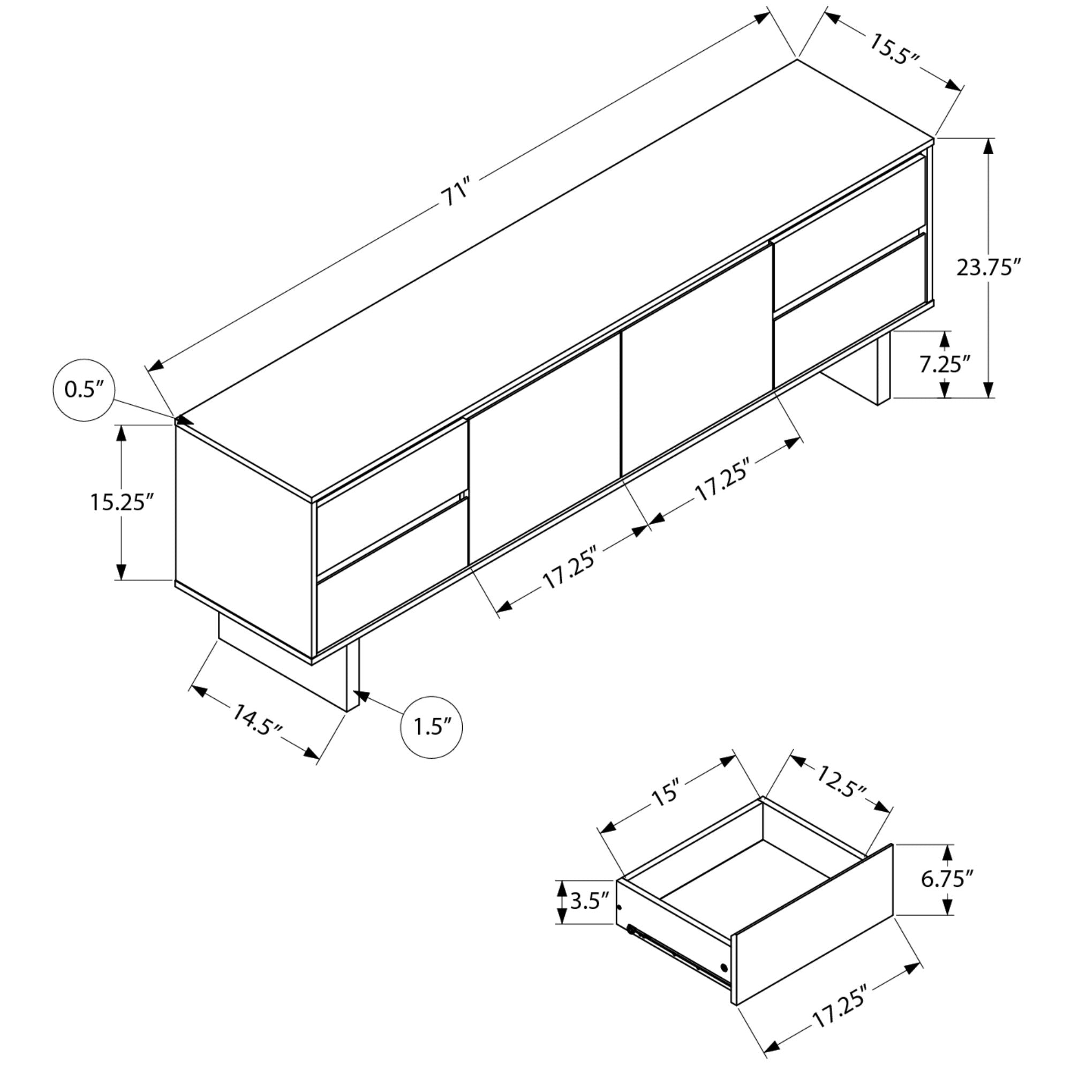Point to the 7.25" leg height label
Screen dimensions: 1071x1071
945,364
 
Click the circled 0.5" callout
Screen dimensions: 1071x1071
84,390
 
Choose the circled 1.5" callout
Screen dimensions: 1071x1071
431,727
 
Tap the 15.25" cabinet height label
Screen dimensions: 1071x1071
122,502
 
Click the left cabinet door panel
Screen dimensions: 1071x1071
545,450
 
